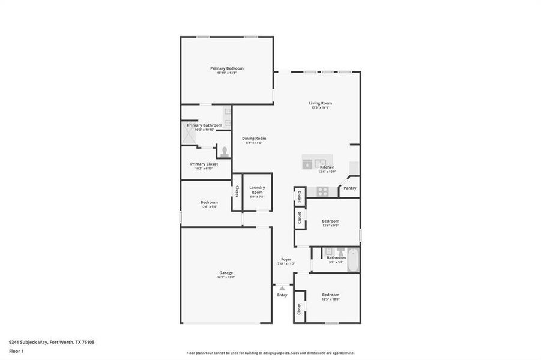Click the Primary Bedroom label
pos(226,68)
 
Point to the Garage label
pos(226,273)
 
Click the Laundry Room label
pos(257,190)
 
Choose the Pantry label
pos(350,188)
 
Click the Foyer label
pos(286,260)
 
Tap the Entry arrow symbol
pos(282,289)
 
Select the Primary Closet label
pos(204,164)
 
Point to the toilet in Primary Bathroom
pos(225,151)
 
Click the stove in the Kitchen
pos(322,191)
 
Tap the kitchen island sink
pos(321,162)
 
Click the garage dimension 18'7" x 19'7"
pos(226,278)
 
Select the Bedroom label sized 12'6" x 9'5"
pos(209,202)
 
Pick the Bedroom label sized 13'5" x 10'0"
pos(330,295)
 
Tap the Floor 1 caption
pos(16,352)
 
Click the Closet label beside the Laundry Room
pos(237,191)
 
